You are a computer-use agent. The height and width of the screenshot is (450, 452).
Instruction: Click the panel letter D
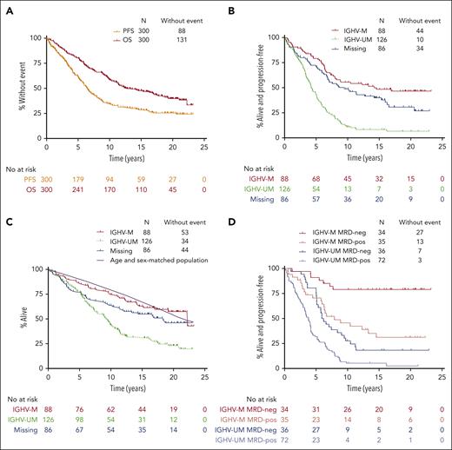[235, 230]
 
